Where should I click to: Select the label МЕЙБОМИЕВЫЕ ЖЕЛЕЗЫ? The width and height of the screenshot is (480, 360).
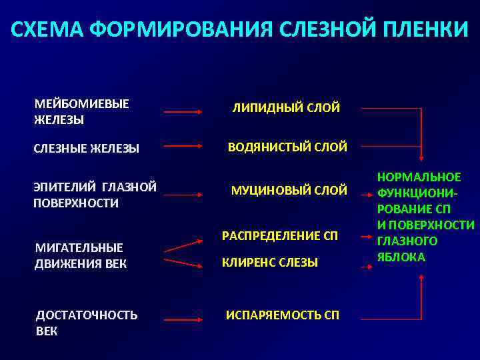point(82,112)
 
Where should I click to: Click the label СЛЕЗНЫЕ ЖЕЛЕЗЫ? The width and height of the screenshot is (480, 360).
point(87,149)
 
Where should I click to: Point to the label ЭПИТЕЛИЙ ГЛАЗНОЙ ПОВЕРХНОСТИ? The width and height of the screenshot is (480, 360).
point(95,195)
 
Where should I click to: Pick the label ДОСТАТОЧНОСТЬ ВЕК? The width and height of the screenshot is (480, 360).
point(87,323)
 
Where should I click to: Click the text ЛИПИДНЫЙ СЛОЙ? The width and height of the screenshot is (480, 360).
point(285,107)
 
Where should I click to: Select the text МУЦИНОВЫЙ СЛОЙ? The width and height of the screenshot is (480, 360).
point(289,191)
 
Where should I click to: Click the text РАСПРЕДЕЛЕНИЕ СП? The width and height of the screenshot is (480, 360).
point(280,236)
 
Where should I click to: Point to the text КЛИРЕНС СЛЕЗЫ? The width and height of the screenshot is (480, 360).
point(270,263)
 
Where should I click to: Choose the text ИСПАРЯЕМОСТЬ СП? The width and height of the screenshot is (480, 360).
point(283,315)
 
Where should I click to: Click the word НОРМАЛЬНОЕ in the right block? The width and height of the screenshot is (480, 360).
point(419,177)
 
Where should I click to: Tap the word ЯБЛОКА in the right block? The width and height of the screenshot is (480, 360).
point(401,257)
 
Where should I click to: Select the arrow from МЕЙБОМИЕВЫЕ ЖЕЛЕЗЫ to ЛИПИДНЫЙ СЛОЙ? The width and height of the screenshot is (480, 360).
point(183,112)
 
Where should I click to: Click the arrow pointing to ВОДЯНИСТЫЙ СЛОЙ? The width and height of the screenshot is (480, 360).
point(183,145)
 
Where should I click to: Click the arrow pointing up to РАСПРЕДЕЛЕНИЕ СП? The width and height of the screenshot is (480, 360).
point(183,245)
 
